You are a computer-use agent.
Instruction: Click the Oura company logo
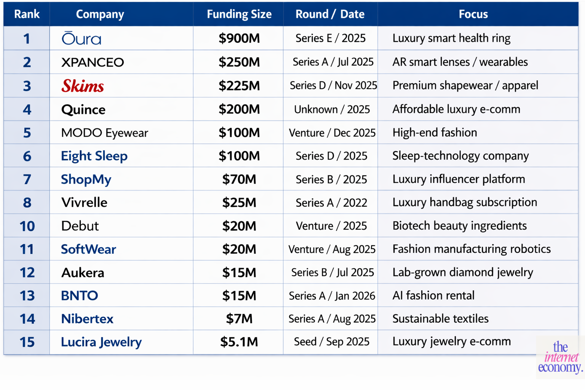click(82, 38)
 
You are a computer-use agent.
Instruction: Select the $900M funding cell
click(239, 38)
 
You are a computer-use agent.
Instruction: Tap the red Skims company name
click(83, 86)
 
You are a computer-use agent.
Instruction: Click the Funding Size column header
click(239, 14)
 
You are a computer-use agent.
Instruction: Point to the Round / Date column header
click(330, 14)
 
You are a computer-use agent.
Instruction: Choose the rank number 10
click(27, 226)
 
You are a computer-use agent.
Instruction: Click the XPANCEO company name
click(93, 62)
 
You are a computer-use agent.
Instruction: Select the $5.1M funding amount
click(239, 342)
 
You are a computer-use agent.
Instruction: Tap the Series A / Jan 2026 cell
click(332, 296)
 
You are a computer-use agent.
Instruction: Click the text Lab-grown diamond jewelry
click(462, 272)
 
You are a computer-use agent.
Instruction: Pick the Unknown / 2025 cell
click(332, 109)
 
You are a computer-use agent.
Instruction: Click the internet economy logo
click(560, 357)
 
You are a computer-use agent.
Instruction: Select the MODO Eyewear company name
click(104, 133)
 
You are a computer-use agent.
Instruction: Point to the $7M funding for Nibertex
click(239, 318)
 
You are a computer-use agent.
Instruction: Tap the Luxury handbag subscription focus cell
click(464, 202)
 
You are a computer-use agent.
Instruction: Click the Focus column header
click(473, 14)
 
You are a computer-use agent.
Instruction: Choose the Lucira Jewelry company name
click(101, 342)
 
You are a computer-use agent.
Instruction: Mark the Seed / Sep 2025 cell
click(331, 342)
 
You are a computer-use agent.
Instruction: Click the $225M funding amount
click(239, 86)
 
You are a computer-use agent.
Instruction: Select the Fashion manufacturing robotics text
click(471, 249)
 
